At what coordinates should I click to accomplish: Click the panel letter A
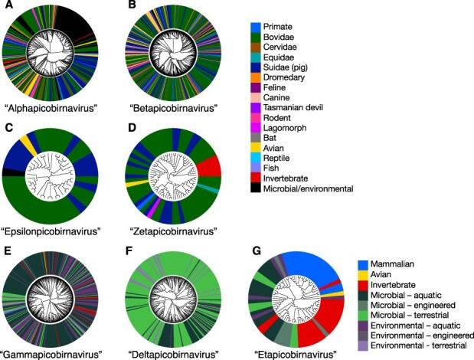(8, 6)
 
